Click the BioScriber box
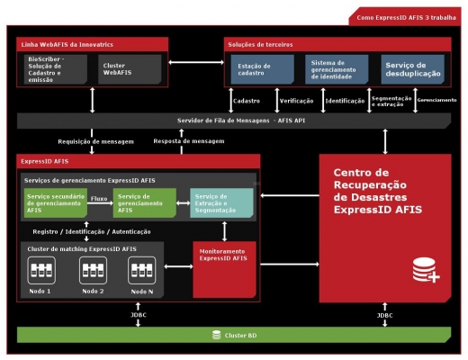coord(56,69)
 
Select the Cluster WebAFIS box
coord(130,69)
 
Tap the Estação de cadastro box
coord(263,69)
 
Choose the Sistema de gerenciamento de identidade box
coord(337,69)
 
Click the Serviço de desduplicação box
coord(413,69)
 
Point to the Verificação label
coord(296,101)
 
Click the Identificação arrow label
coord(345,101)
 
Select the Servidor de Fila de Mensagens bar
coord(234,121)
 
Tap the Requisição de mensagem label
coord(95,141)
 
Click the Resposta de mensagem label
coord(189,141)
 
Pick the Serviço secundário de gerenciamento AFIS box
coord(56,202)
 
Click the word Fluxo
coord(99,199)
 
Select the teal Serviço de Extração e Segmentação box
coord(221,202)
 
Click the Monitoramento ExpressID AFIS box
coord(224,269)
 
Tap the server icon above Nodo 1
coord(41,270)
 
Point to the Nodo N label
coord(142,292)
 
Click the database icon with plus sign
coord(426,270)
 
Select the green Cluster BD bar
coord(234,335)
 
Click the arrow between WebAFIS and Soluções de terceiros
coord(196,62)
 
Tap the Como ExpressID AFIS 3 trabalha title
coord(406,18)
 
